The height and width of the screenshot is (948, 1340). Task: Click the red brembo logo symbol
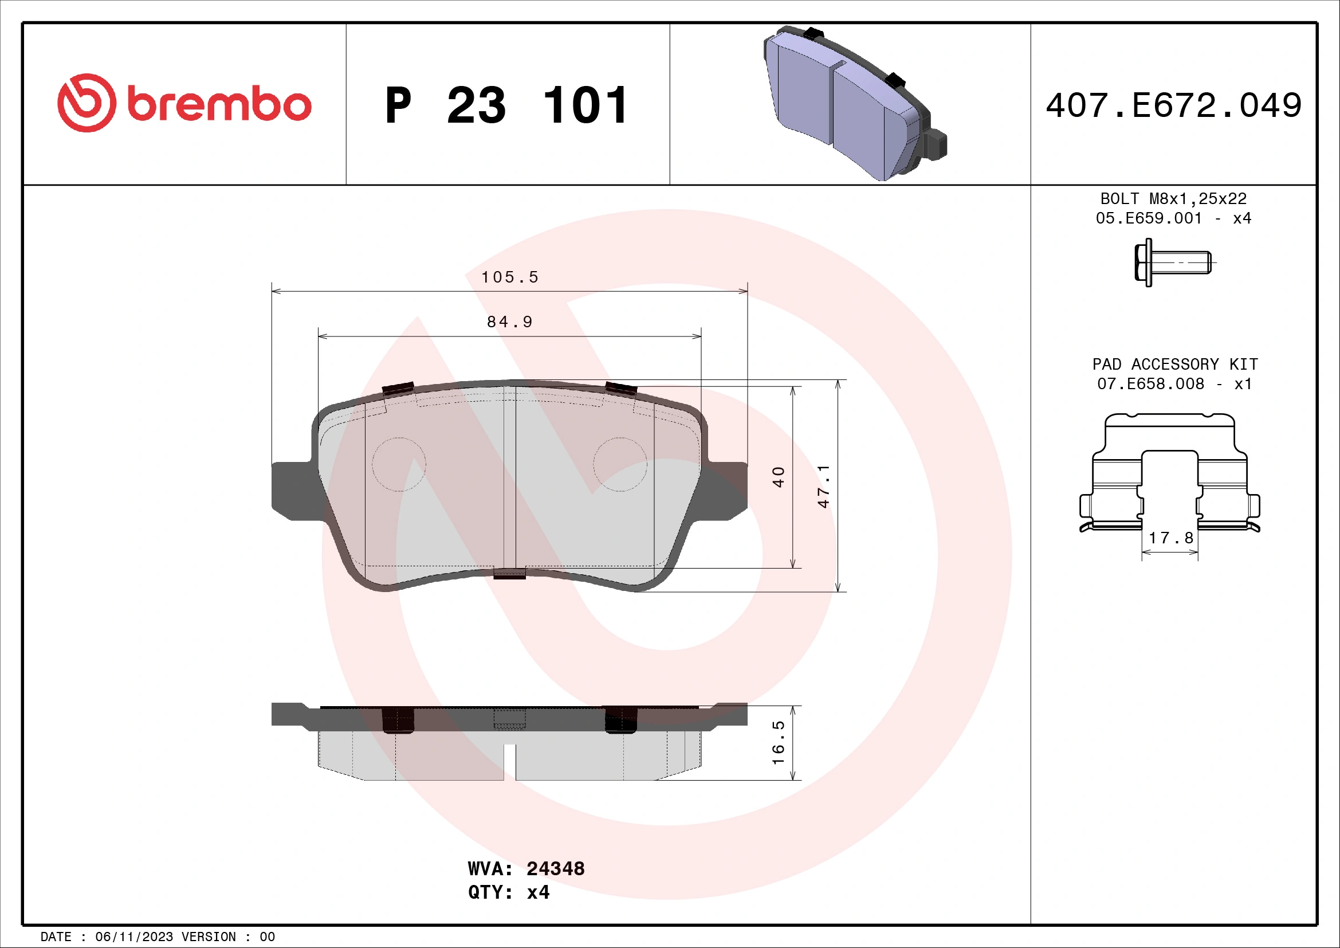87,103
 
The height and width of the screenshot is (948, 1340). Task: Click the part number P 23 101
506,105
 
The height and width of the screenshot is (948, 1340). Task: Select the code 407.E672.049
1173,105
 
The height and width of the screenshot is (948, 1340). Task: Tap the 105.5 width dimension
509,277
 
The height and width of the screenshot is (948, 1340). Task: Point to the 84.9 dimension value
509,322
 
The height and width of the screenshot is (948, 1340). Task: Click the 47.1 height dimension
823,486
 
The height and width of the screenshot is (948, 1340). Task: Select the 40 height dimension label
779,477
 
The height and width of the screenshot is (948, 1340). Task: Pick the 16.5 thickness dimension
779,742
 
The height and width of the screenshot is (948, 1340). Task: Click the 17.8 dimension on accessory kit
1171,538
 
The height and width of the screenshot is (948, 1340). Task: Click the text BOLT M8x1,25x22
1173,199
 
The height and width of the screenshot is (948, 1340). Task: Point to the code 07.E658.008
1150,384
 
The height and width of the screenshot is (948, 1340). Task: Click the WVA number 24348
555,868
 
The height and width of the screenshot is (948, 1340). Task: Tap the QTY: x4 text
508,892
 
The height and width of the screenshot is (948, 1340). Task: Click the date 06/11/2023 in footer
133,937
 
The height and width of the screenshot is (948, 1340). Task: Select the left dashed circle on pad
399,465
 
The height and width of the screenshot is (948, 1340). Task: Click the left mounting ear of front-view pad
292,489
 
